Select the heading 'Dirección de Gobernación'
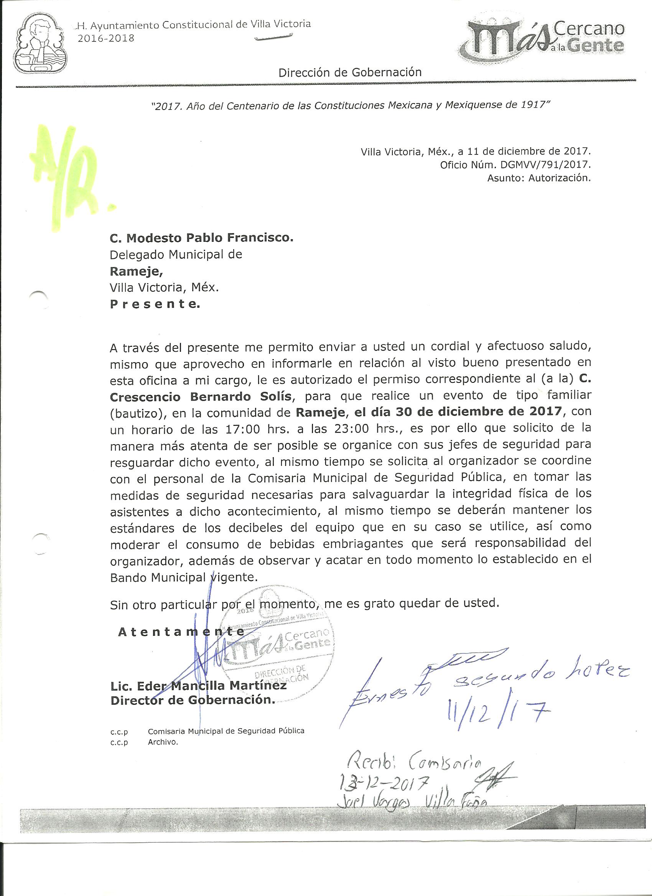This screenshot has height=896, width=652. pyautogui.click(x=350, y=73)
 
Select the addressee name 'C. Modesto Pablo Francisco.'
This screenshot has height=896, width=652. pyautogui.click(x=202, y=238)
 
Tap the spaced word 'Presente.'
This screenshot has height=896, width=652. pyautogui.click(x=155, y=304)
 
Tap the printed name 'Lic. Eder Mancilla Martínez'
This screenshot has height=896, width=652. pyautogui.click(x=199, y=686)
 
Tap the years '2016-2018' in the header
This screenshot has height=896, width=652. pyautogui.click(x=107, y=38)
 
